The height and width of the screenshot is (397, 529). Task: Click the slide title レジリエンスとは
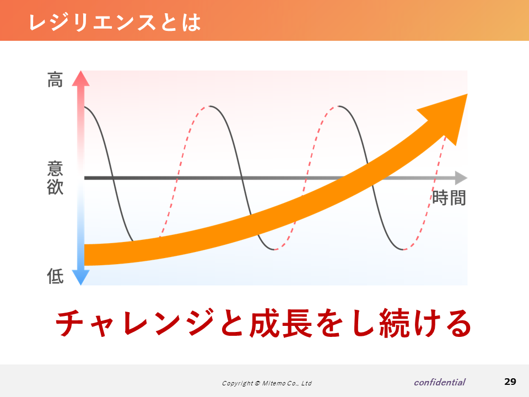coord(115,22)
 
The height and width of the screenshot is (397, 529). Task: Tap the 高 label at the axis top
coord(55,79)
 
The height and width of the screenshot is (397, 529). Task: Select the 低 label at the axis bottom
coord(55,276)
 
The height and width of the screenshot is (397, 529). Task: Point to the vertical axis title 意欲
coord(55,178)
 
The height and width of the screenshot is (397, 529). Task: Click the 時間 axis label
coord(449,197)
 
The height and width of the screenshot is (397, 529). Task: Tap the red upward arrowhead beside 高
coord(80,78)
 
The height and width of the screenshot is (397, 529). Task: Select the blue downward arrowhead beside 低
coord(80,277)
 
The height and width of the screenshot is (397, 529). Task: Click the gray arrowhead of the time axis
coord(461,178)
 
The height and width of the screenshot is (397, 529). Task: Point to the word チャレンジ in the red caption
coord(135,323)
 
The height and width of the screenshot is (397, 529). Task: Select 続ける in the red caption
coord(425,323)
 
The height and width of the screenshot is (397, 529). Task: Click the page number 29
coord(510,382)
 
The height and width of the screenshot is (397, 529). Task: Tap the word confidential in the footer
coord(440,382)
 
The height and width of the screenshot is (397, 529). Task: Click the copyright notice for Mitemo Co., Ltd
coord(267,383)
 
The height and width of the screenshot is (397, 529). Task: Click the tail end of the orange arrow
coord(84,255)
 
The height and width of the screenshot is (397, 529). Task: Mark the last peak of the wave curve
coord(339,106)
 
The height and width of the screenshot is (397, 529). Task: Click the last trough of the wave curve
coord(403,250)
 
